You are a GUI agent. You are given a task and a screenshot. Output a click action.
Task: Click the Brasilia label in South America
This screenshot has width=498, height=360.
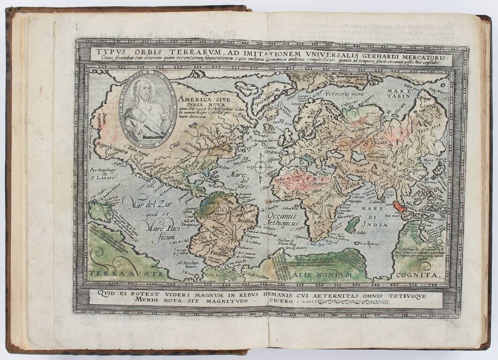(x=249, y=220)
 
